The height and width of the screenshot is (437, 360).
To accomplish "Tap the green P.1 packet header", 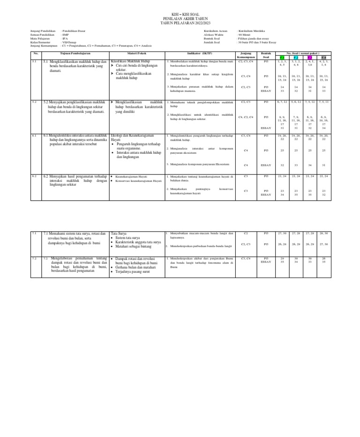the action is (x=282, y=58).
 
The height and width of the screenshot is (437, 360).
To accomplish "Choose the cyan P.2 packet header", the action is (x=296, y=58).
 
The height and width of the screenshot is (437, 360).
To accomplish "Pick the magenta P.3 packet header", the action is (x=310, y=58).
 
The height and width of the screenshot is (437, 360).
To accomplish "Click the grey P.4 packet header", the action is (x=324, y=58).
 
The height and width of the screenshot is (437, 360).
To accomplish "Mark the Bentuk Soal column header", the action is (x=266, y=55).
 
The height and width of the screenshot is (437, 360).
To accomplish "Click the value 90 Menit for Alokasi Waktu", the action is (x=246, y=35).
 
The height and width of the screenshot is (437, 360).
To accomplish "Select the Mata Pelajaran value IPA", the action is (x=65, y=38).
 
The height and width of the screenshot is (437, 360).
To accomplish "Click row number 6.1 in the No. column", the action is (x=34, y=136).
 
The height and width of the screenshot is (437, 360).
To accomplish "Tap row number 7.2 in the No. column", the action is (x=34, y=258).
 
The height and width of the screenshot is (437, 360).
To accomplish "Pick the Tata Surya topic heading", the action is (x=118, y=233).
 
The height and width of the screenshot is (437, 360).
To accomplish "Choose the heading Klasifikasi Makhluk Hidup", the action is (x=130, y=61).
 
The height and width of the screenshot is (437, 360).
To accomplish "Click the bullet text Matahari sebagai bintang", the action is (x=135, y=246).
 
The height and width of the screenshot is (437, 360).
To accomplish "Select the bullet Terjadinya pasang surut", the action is (x=133, y=271).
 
